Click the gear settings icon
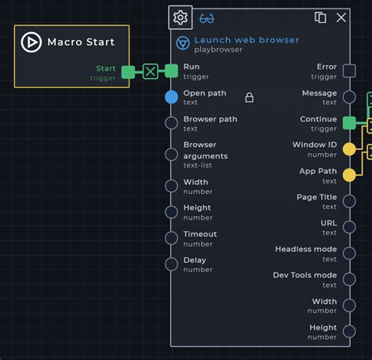pyautogui.click(x=181, y=17)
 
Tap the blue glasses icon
pyautogui.click(x=206, y=19)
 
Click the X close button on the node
pyautogui.click(x=341, y=18)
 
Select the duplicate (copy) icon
pyautogui.click(x=320, y=17)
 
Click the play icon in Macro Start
pyautogui.click(x=31, y=42)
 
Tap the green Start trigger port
pyautogui.click(x=128, y=72)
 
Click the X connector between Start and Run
pyautogui.click(x=151, y=71)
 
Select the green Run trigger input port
pyautogui.click(x=171, y=71)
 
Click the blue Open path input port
pyautogui.click(x=171, y=97)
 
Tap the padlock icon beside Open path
pyautogui.click(x=250, y=97)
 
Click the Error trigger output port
pyautogui.click(x=349, y=71)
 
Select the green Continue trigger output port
pyautogui.click(x=349, y=123)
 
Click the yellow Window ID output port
pyautogui.click(x=349, y=149)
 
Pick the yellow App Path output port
pyautogui.click(x=349, y=175)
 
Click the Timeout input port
pyautogui.click(x=171, y=238)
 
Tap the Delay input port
pyautogui.click(x=171, y=264)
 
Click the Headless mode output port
pyautogui.click(x=349, y=253)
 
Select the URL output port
pyautogui.click(x=349, y=227)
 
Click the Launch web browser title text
pyautogui.click(x=246, y=40)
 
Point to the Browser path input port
pyautogui.click(x=171, y=123)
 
